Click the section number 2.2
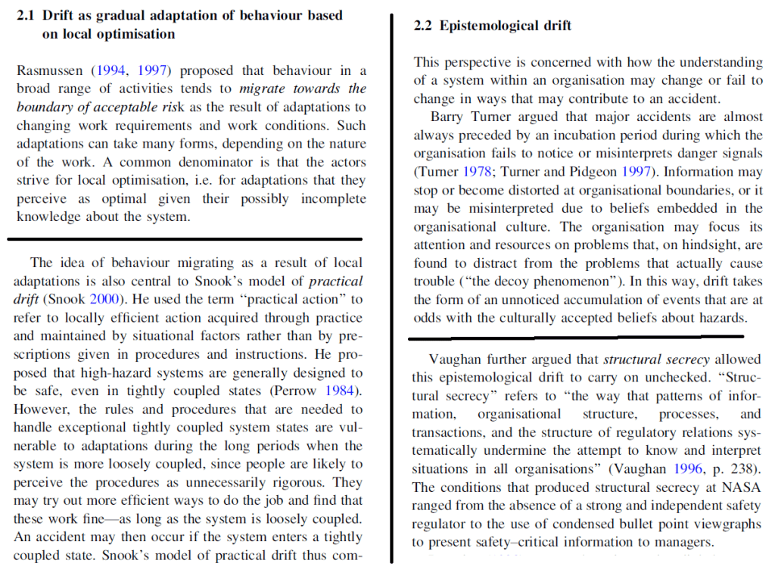(x=423, y=26)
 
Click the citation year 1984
(x=342, y=391)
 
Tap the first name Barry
(x=447, y=117)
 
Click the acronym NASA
(x=742, y=487)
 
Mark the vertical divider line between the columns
(x=391, y=288)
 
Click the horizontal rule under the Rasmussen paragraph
(x=185, y=239)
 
